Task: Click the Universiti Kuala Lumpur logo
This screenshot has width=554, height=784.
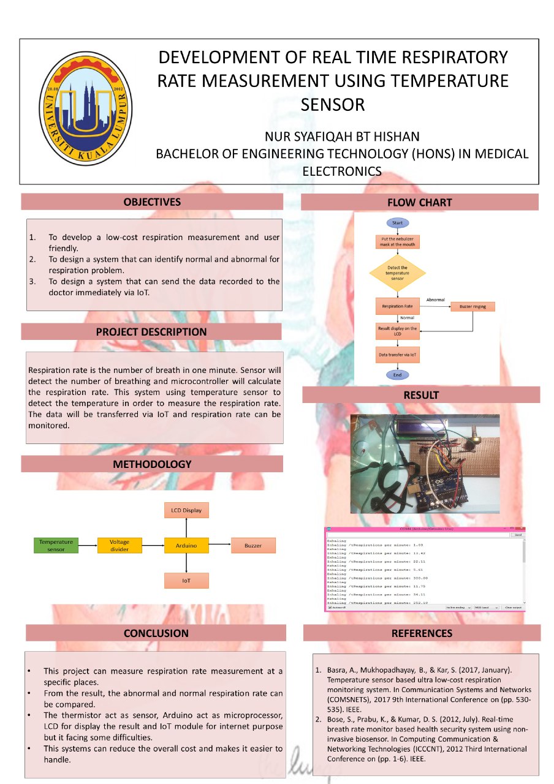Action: [86, 109]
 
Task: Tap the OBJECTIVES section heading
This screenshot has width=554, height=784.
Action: [152, 202]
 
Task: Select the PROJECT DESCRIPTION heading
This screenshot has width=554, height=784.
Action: [151, 331]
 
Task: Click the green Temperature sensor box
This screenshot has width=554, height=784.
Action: [56, 545]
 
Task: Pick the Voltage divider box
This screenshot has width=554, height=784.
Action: [120, 545]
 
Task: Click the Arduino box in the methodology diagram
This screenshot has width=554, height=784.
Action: [186, 545]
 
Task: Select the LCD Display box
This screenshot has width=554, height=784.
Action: [186, 510]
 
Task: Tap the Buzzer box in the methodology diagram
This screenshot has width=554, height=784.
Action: [253, 545]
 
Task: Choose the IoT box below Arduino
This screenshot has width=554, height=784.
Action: [186, 580]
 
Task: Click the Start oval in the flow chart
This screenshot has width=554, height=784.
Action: [397, 223]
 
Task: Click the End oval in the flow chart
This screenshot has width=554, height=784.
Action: [397, 375]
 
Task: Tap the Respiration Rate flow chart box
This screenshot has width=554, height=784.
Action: [397, 306]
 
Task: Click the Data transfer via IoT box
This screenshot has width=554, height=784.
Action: [397, 354]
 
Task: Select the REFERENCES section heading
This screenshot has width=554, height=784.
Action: [422, 633]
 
